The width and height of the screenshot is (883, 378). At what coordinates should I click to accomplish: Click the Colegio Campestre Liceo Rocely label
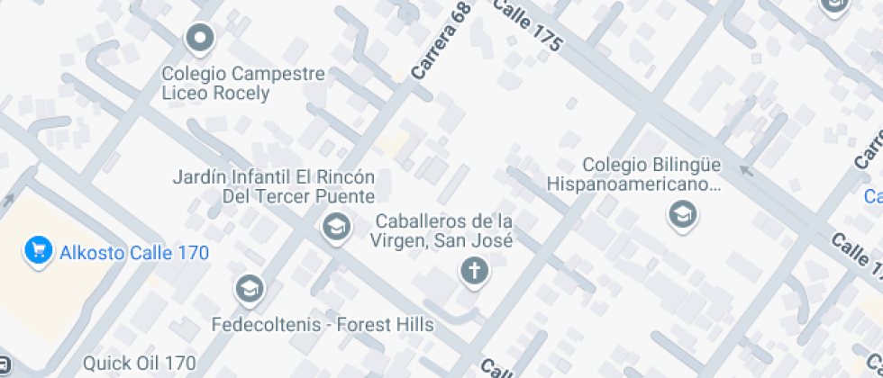243,83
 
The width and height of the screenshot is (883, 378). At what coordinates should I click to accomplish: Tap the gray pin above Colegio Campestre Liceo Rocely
199,39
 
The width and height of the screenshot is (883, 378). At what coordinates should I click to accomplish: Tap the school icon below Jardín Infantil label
336,228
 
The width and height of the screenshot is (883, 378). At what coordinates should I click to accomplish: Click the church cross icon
471,269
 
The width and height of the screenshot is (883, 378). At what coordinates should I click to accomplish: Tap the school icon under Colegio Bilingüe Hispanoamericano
681,214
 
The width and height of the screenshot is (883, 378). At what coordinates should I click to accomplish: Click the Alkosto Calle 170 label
133,252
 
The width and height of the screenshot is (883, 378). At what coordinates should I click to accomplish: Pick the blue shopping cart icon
37,250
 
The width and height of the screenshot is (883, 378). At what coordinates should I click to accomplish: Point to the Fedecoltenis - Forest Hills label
322,324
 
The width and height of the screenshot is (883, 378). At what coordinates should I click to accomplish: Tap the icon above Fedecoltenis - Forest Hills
248,289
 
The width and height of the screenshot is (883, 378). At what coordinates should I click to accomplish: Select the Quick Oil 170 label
140,364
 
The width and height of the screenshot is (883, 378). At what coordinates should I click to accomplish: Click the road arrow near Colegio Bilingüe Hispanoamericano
745,169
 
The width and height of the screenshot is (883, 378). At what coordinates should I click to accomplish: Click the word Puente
344,196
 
